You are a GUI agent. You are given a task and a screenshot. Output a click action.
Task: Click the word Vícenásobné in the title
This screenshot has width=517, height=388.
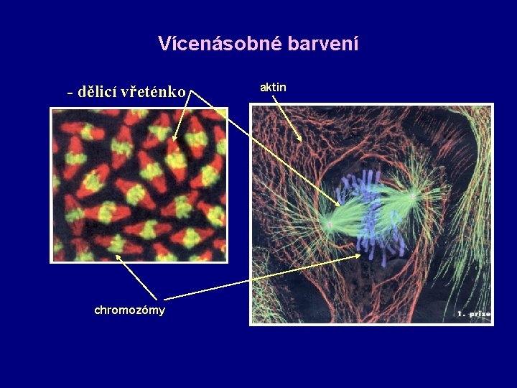point(220,44)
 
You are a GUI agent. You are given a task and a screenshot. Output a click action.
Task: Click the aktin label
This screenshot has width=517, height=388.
point(273,87)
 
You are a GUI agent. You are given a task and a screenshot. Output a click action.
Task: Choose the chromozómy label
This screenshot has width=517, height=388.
point(129,310)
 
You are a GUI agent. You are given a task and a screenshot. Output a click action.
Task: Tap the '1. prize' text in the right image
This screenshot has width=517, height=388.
point(473,314)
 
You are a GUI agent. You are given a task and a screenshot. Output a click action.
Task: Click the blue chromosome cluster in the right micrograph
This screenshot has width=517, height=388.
point(371,212)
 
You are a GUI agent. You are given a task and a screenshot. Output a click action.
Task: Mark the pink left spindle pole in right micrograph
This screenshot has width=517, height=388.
point(330,225)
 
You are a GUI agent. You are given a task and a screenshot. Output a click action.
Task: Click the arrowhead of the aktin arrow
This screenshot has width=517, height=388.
point(302,139)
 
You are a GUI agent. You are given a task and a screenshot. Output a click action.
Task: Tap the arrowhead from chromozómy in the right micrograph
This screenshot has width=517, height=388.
point(360,254)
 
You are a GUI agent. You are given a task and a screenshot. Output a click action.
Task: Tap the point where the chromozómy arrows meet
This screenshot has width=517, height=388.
point(164,298)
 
